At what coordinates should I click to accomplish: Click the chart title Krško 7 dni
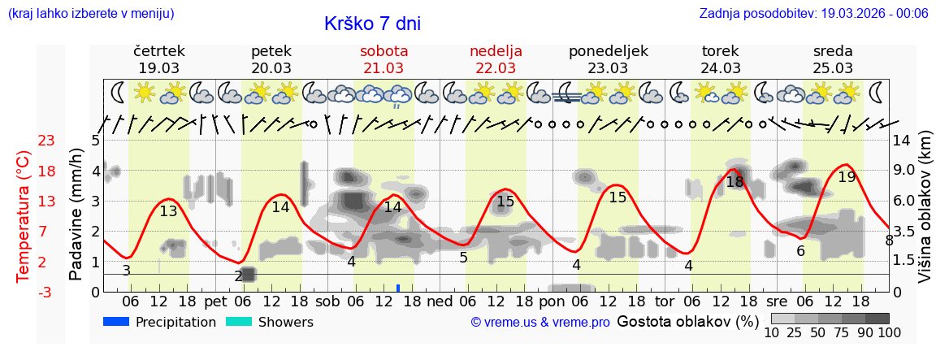[x=372, y=24]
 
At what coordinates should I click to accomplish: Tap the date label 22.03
[x=496, y=67]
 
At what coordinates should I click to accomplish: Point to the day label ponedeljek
[x=608, y=50]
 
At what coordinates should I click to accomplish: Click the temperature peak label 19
[x=847, y=176]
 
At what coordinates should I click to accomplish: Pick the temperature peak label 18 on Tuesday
[x=734, y=182]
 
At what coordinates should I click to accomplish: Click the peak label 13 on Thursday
[x=168, y=211]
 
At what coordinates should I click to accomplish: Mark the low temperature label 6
[x=800, y=251]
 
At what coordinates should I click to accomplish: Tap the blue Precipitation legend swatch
[x=116, y=322]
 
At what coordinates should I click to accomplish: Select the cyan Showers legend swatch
[x=238, y=322]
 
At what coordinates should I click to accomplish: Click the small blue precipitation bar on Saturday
[x=398, y=288]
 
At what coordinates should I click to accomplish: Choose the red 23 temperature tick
[x=46, y=141]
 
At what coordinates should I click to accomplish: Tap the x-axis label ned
[x=440, y=301]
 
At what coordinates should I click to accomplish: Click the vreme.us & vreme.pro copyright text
[x=539, y=322]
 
